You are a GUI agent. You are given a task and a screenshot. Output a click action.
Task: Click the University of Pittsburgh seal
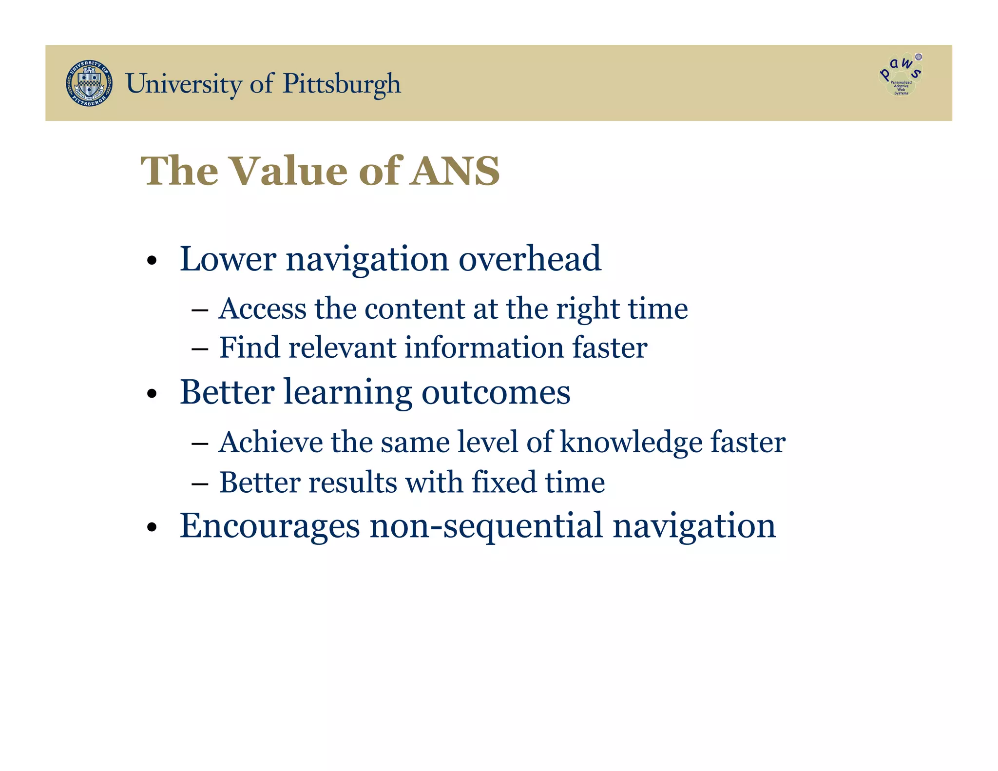point(89,83)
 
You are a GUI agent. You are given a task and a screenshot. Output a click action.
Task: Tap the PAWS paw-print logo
point(901,75)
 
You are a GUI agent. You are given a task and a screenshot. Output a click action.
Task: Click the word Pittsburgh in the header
point(342,84)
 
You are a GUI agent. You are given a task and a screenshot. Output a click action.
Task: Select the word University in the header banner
point(183,84)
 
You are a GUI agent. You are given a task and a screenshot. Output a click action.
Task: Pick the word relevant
point(342,347)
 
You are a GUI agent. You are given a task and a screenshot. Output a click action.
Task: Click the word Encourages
point(269,526)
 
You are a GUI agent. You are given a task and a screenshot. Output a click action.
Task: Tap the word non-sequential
point(486,526)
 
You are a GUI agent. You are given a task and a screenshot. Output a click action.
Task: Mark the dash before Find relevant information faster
point(200,349)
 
